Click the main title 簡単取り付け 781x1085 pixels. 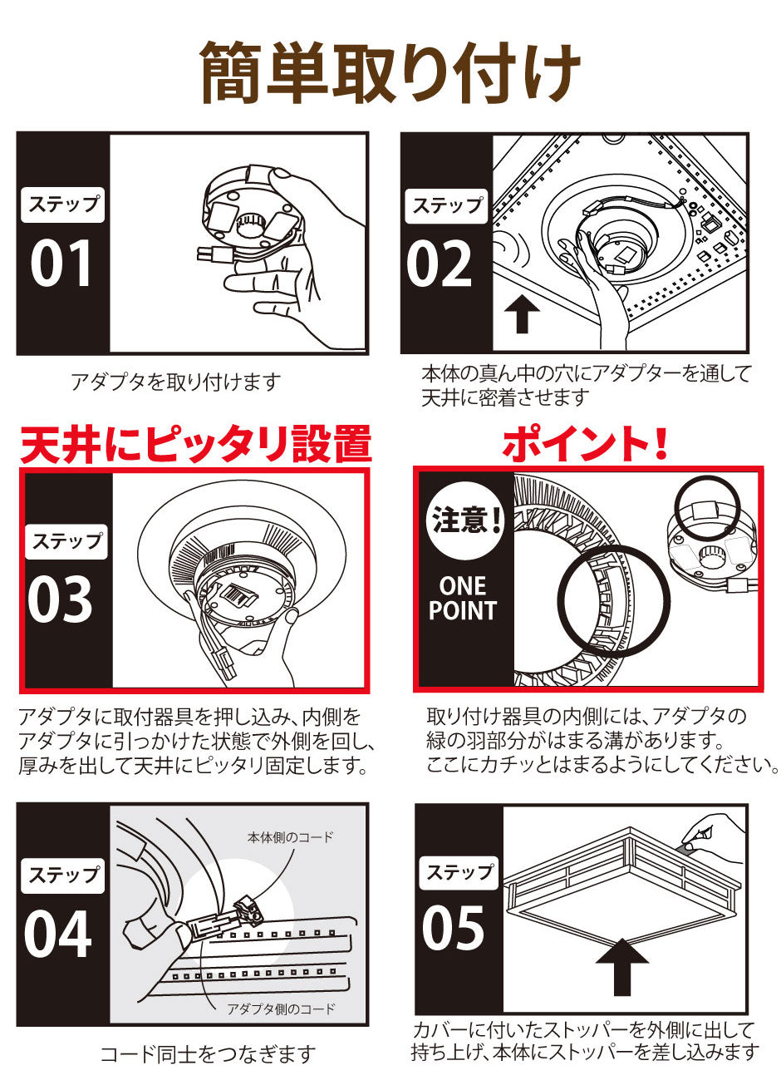click(x=390, y=72)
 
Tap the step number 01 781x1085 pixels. click(x=61, y=264)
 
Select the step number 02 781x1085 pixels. click(x=439, y=264)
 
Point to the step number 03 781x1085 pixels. click(x=60, y=599)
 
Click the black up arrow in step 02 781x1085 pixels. click(x=522, y=314)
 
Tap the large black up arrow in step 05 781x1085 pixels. click(x=622, y=967)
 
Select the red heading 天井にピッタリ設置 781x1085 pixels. click(x=195, y=444)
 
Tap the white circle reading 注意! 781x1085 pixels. click(x=464, y=520)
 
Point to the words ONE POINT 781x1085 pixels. click(x=463, y=598)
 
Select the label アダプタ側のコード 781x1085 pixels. click(x=282, y=1009)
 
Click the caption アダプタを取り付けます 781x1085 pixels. click(x=175, y=382)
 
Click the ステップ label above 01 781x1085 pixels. click(x=62, y=205)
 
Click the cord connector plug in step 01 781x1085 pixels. click(x=215, y=254)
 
